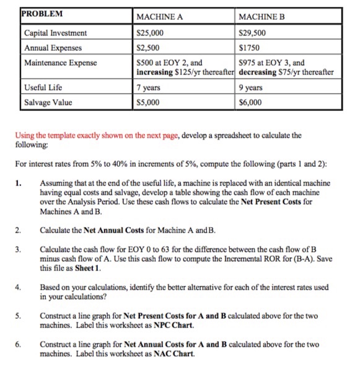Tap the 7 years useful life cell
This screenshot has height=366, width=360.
[148, 87]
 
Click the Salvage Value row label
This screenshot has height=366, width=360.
[48, 102]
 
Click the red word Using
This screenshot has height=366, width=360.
[25, 134]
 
